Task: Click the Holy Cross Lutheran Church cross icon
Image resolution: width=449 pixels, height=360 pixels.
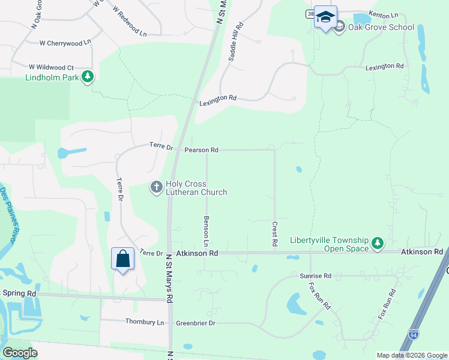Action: tap(156, 188)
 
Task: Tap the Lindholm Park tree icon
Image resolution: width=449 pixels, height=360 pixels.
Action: tap(88, 77)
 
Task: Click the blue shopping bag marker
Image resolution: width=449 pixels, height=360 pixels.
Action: tap(122, 259)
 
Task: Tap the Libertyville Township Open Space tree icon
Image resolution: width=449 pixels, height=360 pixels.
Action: tap(377, 243)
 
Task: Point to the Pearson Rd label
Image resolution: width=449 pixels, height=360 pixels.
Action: tap(201, 149)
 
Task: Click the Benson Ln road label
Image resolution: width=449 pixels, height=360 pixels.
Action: tap(206, 232)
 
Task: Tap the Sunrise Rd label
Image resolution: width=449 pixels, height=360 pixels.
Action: tap(316, 276)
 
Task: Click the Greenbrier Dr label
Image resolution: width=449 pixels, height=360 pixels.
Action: tap(195, 323)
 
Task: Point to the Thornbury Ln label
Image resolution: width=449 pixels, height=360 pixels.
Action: tap(143, 322)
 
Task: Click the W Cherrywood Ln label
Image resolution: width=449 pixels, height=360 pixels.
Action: tap(65, 43)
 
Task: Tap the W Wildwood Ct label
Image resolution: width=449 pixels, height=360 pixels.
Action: tap(51, 68)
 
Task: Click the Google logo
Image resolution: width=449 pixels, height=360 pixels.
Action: tap(20, 353)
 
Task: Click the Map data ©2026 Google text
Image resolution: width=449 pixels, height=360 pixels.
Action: tap(411, 355)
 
